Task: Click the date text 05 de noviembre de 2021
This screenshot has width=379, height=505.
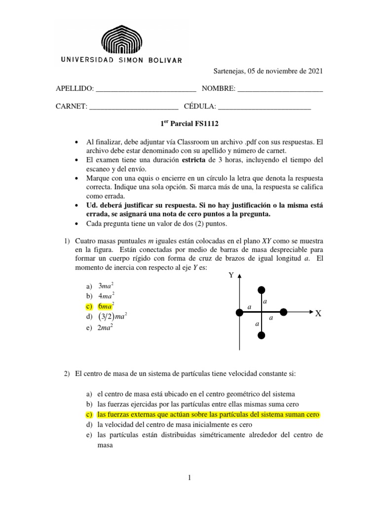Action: tap(281, 71)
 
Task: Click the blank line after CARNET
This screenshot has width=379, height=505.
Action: tap(133, 106)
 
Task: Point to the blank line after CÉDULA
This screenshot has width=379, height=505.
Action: tap(264, 106)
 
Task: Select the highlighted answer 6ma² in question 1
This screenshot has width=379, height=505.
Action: tap(106, 306)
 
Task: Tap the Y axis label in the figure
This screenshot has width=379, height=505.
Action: tap(230, 275)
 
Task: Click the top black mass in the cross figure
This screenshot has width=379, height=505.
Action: tap(262, 289)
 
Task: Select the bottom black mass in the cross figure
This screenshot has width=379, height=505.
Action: tap(262, 335)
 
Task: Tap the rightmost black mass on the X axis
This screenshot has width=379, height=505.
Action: tap(284, 312)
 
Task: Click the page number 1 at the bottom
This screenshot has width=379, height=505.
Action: tap(189, 477)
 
